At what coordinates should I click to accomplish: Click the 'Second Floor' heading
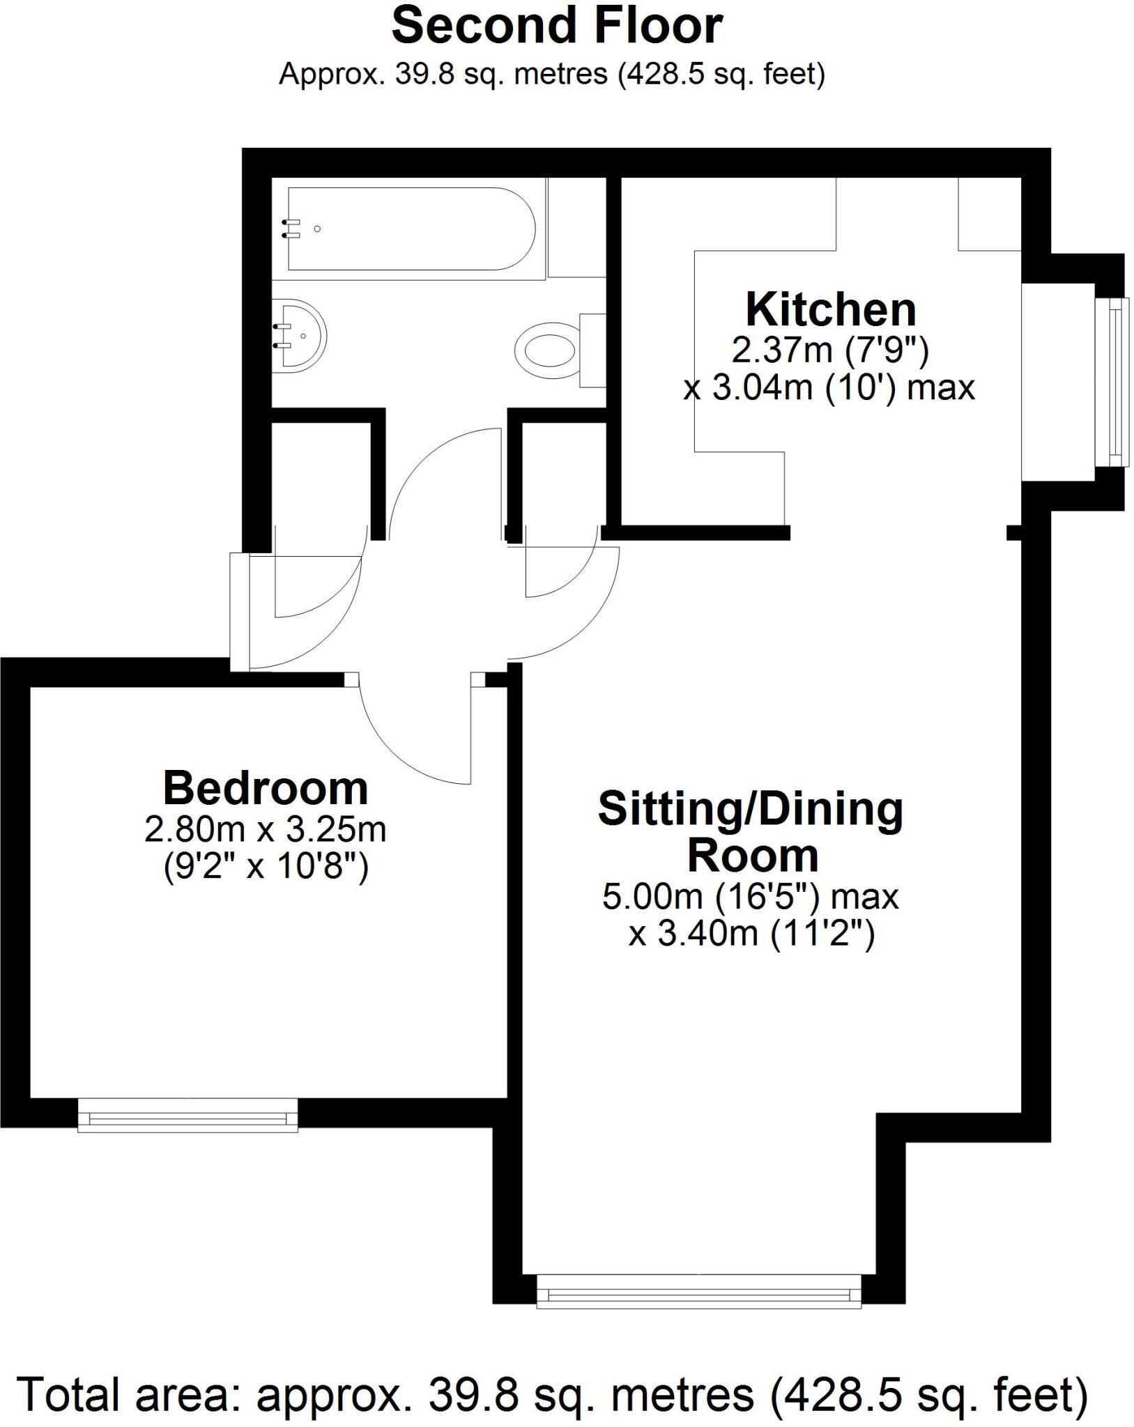pyautogui.click(x=557, y=26)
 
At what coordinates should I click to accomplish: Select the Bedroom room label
pyautogui.click(x=266, y=788)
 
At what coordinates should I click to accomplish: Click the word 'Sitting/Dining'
pyautogui.click(x=751, y=810)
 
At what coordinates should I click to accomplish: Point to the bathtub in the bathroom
pyautogui.click(x=411, y=229)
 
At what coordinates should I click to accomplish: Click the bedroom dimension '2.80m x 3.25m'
pyautogui.click(x=266, y=830)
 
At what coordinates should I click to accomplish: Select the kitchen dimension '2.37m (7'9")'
pyautogui.click(x=830, y=350)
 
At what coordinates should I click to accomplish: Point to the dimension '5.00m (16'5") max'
pyautogui.click(x=751, y=897)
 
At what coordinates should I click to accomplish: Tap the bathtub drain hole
pyautogui.click(x=317, y=229)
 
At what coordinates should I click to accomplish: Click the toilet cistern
pyautogui.click(x=593, y=350)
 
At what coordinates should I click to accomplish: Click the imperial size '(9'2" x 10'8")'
pyautogui.click(x=266, y=867)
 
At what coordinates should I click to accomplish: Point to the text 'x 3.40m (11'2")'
pyautogui.click(x=751, y=934)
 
